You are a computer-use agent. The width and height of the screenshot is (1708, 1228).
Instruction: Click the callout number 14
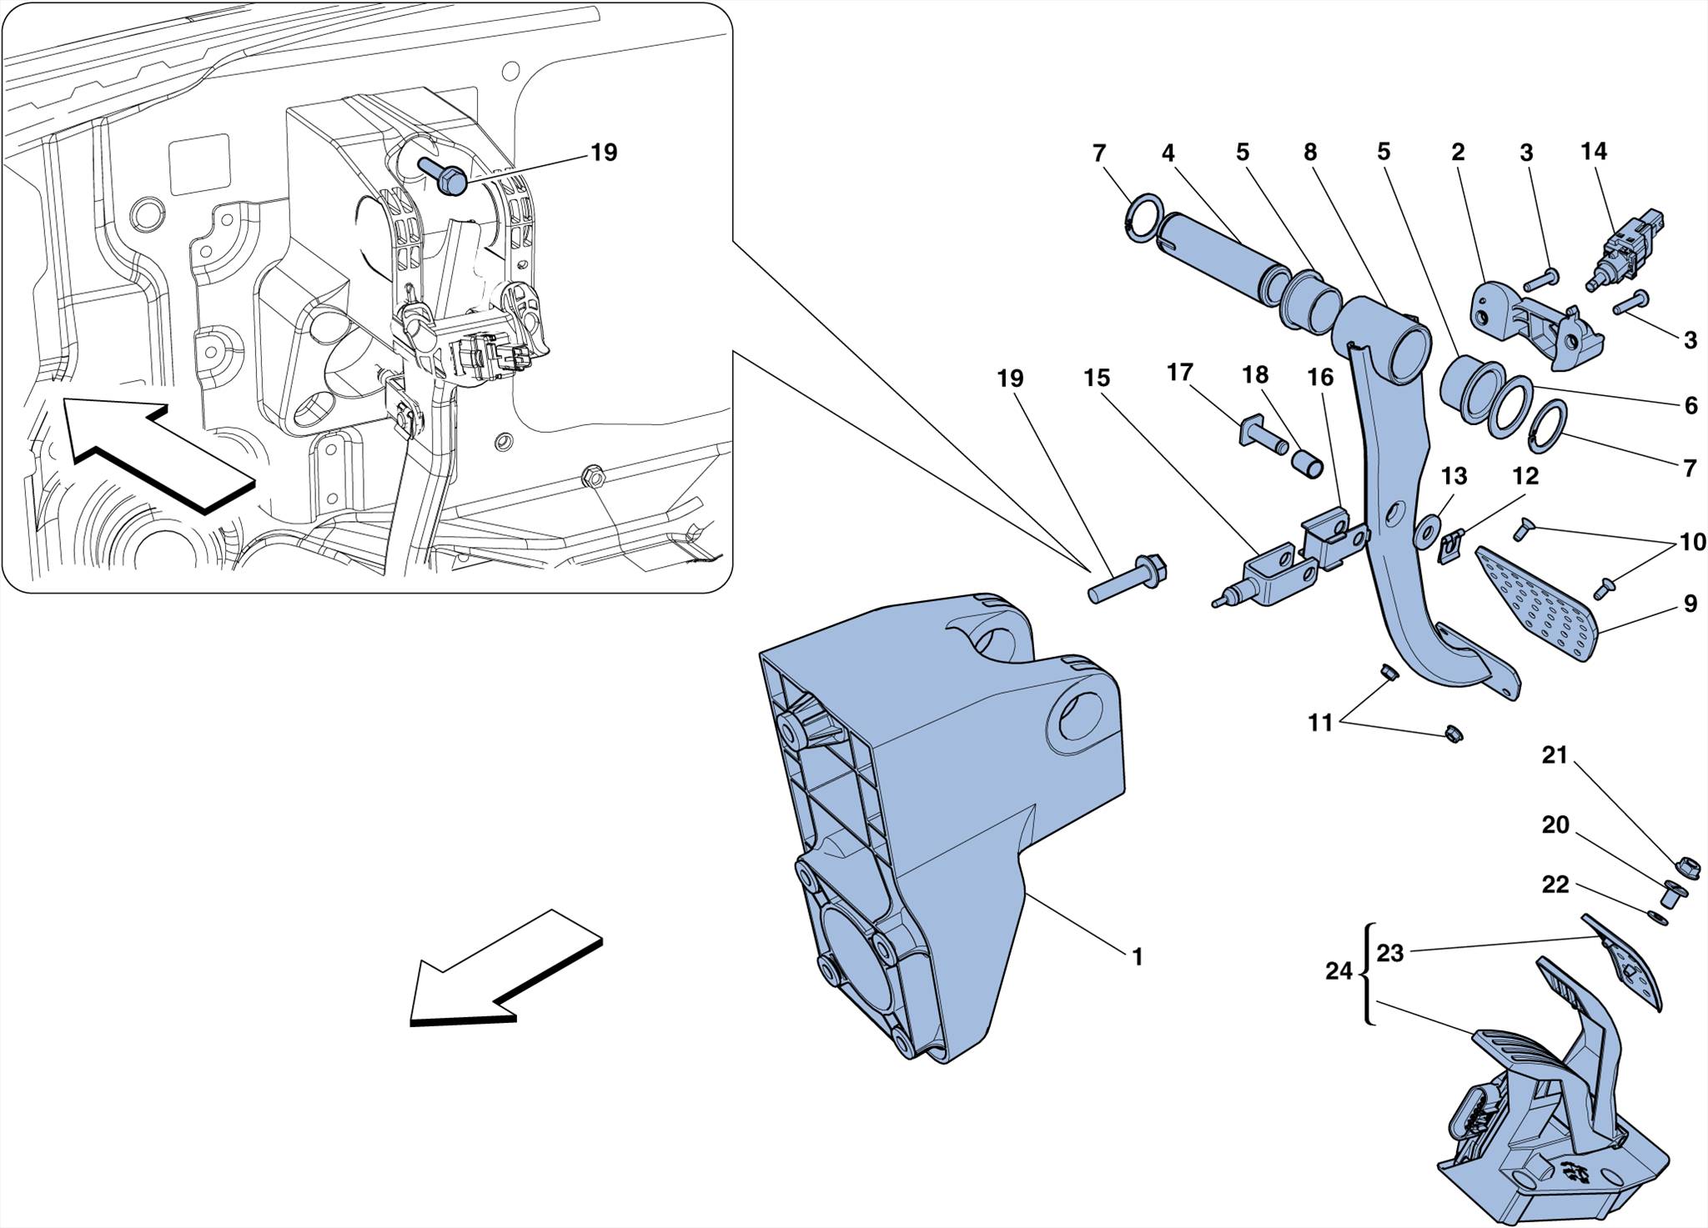(x=1593, y=152)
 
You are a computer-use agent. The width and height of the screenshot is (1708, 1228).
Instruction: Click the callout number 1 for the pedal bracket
(x=1137, y=957)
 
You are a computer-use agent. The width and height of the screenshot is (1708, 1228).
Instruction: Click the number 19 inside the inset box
(x=603, y=153)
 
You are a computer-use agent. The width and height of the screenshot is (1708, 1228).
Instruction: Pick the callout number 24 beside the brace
(x=1338, y=971)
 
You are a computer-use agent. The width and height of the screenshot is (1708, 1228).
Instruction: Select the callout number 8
(x=1309, y=153)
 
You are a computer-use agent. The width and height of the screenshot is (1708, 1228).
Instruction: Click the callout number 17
(x=1179, y=372)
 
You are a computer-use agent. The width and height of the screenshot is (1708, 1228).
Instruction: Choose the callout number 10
(x=1692, y=542)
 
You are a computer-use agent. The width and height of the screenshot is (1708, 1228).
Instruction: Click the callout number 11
(x=1319, y=722)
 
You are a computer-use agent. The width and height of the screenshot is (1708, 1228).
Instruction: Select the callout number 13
(x=1454, y=476)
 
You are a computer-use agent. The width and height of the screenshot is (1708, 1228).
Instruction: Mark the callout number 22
(x=1555, y=885)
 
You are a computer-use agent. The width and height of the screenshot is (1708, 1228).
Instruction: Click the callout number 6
(x=1690, y=405)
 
